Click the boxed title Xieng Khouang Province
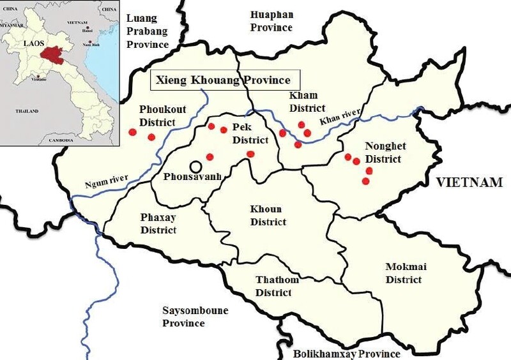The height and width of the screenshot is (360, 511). [220, 80]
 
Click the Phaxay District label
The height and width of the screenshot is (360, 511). [158, 223]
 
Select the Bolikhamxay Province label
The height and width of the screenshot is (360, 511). [346, 354]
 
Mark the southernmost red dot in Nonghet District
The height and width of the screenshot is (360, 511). [365, 181]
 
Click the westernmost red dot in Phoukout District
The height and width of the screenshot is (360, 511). [132, 132]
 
